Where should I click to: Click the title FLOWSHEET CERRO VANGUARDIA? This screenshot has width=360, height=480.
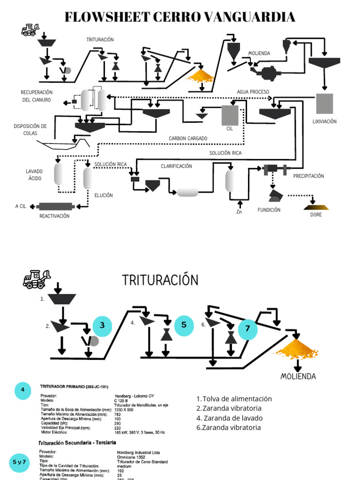[x=180, y=17]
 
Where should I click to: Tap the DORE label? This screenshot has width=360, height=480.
[x=316, y=215]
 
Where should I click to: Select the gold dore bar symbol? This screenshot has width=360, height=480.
[x=316, y=206]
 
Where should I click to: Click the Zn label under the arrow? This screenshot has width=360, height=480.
[x=240, y=212]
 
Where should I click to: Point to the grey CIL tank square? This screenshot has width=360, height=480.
[x=230, y=115]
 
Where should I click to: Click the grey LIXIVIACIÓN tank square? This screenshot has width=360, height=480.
[x=324, y=104]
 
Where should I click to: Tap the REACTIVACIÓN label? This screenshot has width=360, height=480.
[x=54, y=216]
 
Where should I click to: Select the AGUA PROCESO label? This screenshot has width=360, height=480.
[x=253, y=92]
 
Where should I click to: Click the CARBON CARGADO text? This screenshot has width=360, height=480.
[x=188, y=138]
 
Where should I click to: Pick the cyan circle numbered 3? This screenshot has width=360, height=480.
[x=102, y=326]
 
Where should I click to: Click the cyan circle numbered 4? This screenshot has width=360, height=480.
[x=22, y=390]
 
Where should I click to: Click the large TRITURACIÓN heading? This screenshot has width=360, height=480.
[x=160, y=280]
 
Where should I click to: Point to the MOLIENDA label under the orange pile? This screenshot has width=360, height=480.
[x=298, y=376]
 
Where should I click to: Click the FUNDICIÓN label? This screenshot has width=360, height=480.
[x=269, y=210]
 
